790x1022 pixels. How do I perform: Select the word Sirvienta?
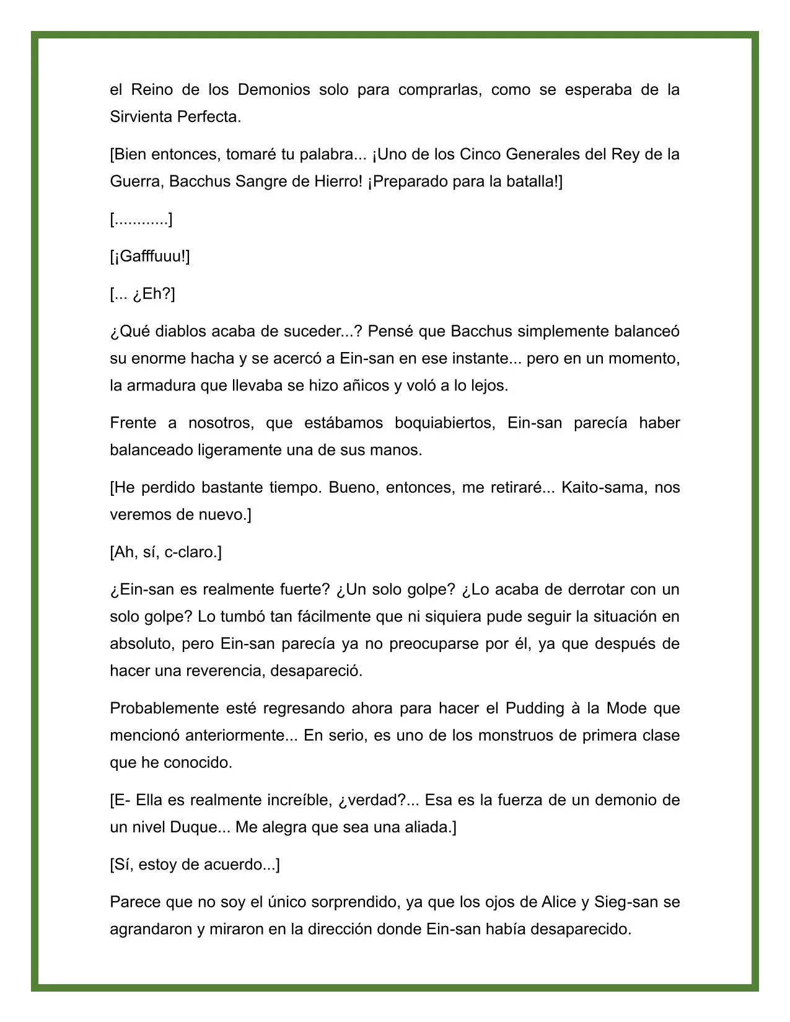point(141,117)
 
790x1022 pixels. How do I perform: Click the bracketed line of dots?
point(141,219)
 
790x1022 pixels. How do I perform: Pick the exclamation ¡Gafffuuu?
point(150,257)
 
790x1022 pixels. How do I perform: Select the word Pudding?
point(535,708)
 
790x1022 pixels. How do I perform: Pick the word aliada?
point(428,827)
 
